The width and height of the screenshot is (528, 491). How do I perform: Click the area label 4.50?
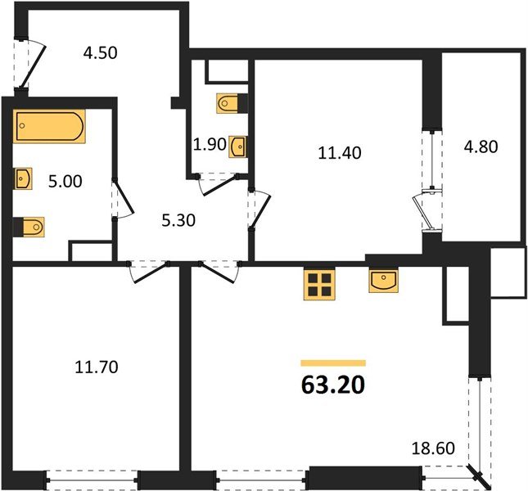tap(101, 54)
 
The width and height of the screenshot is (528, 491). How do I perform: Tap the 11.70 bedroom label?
tap(97, 367)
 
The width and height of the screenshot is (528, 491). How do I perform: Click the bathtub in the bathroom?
tap(49, 127)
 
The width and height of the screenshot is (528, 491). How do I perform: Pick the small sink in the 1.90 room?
tap(237, 146)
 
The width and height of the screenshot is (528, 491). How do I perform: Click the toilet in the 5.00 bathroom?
tap(29, 225)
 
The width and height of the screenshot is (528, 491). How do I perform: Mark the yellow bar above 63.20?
tap(332, 362)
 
